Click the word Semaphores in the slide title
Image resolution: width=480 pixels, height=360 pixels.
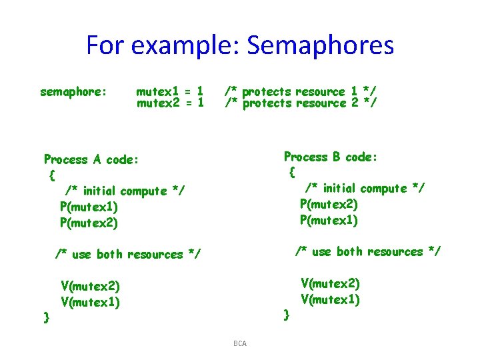click(320, 45)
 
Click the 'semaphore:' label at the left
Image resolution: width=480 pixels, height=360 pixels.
click(73, 91)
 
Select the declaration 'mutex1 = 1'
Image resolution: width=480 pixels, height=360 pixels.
click(169, 91)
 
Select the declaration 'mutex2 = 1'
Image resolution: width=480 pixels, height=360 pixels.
click(169, 103)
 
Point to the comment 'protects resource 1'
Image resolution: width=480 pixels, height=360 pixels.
click(301, 91)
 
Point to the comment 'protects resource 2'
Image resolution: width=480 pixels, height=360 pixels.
click(301, 103)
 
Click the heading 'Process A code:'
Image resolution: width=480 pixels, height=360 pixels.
click(91, 159)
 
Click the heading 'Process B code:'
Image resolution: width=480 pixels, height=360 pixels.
click(331, 157)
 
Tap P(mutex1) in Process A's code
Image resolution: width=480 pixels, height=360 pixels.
click(89, 207)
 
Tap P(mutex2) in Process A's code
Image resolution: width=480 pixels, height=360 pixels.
click(89, 223)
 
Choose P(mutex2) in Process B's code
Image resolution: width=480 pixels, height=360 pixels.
click(329, 204)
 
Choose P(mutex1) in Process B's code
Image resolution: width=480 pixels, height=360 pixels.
click(329, 220)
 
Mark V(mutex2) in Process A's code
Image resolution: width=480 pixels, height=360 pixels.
click(90, 287)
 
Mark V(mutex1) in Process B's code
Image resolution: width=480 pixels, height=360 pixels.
click(330, 299)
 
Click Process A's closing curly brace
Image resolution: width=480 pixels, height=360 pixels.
click(46, 317)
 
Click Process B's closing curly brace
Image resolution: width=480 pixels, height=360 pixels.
click(286, 313)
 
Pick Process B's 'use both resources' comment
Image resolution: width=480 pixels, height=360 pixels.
click(368, 251)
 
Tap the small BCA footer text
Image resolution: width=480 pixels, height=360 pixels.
click(240, 343)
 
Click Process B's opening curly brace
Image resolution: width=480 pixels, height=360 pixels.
click(292, 173)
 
